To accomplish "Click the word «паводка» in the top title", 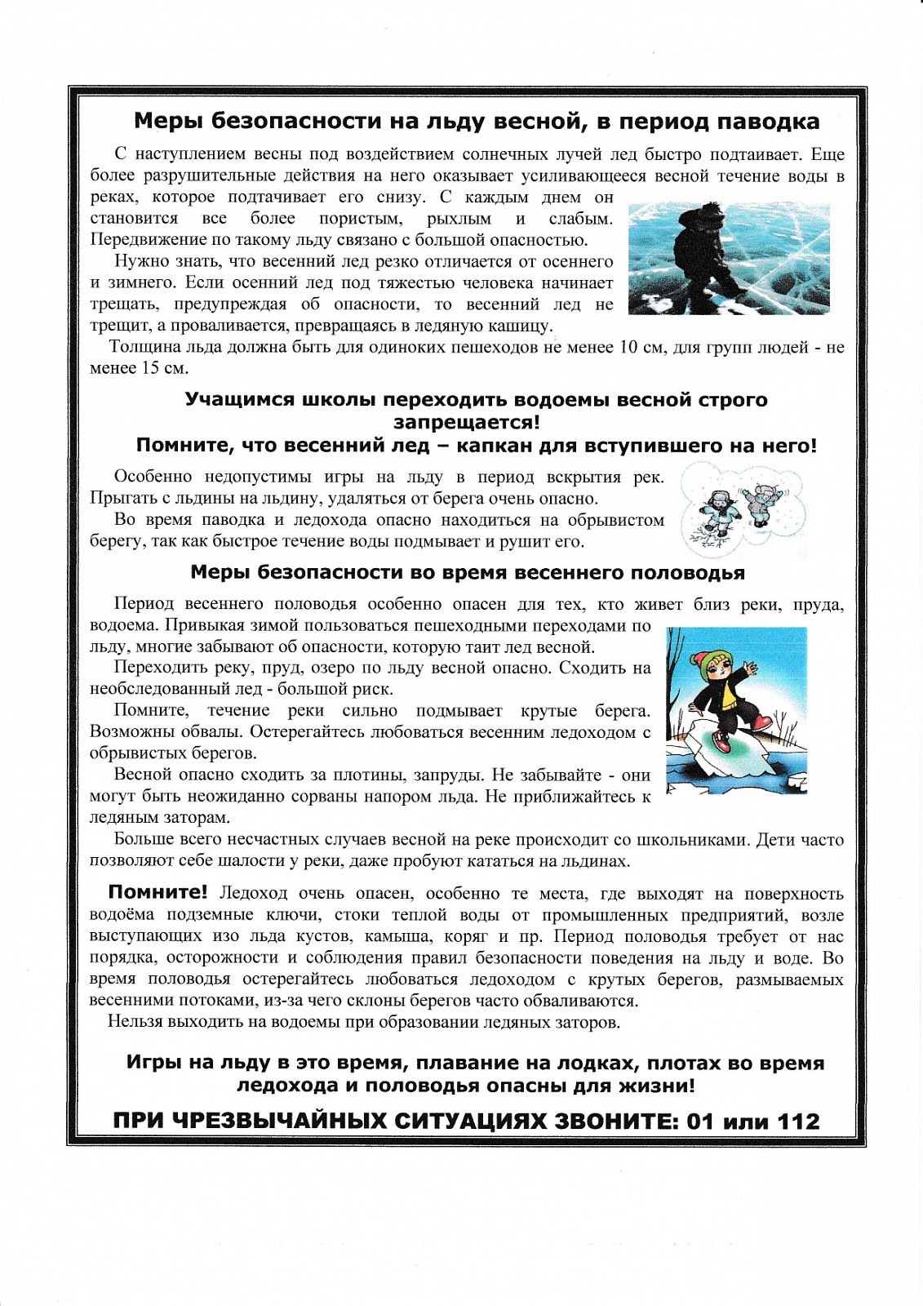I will click(x=768, y=122).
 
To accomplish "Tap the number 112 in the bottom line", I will click(x=798, y=1122).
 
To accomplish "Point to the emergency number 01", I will click(x=700, y=1122).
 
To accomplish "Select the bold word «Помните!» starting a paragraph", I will click(x=158, y=892).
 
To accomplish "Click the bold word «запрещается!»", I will click(x=466, y=423).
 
